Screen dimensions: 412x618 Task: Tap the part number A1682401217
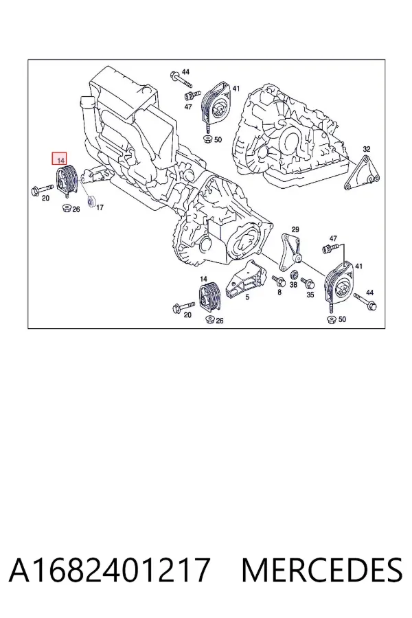pos(108,569)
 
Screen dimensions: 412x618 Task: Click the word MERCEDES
pos(321,569)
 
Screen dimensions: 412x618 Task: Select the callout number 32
pos(367,149)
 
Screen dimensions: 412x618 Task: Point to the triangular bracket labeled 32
pos(362,174)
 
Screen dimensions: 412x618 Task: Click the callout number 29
pos(295,229)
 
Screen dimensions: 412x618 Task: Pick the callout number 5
pos(247,297)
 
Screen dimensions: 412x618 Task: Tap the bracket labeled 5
pos(244,278)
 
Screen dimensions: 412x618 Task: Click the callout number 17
pos(100,207)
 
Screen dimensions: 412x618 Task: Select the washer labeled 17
pos(91,201)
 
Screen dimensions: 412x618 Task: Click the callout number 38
pos(293,284)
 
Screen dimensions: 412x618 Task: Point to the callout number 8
pos(279,292)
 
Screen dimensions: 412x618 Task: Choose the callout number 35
pos(310,295)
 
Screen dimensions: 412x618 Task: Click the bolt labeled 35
pos(307,283)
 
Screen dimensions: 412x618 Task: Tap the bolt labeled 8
pos(279,281)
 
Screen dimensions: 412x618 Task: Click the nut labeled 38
pos(294,275)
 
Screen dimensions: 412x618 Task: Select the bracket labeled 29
pos(290,253)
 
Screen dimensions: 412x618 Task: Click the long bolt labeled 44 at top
pos(181,79)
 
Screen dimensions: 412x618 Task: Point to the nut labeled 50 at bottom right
pos(330,319)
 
